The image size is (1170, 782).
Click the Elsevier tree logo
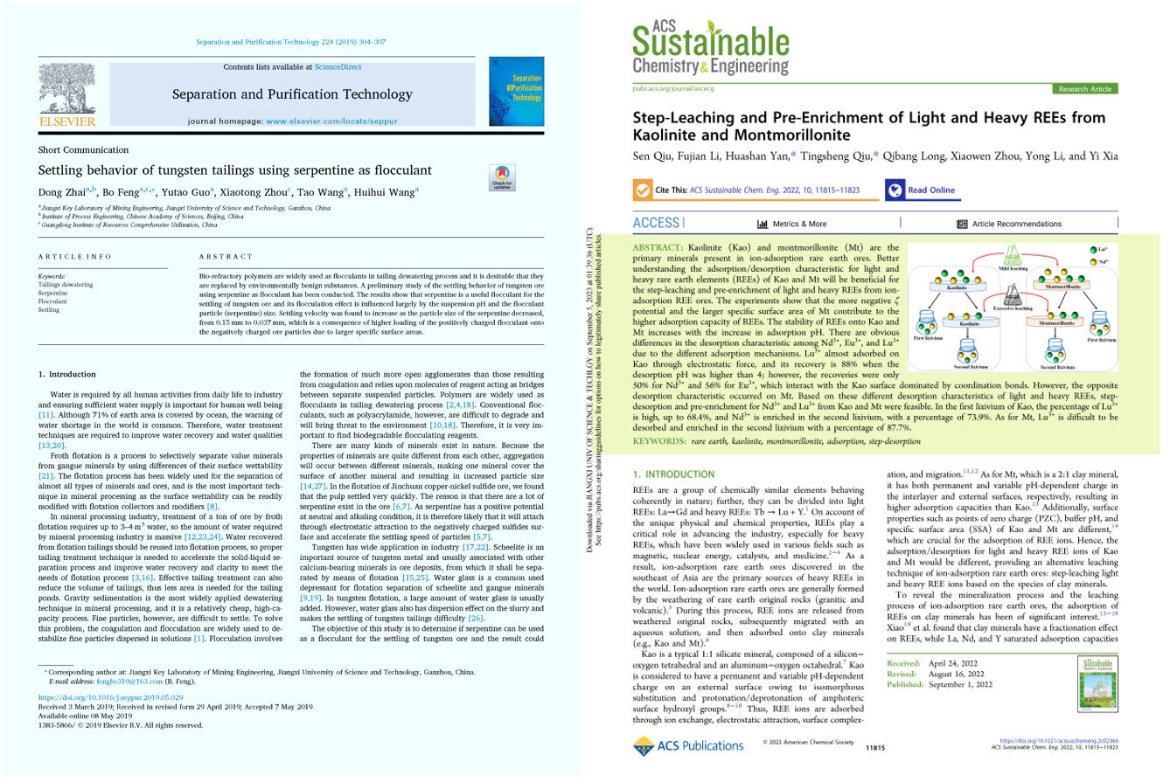tap(69, 93)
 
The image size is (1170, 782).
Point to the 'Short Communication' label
tap(79, 150)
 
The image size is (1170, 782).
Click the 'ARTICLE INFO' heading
tap(74, 256)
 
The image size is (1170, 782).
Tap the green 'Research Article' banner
tap(1084, 89)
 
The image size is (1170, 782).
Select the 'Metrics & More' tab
tap(791, 224)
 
